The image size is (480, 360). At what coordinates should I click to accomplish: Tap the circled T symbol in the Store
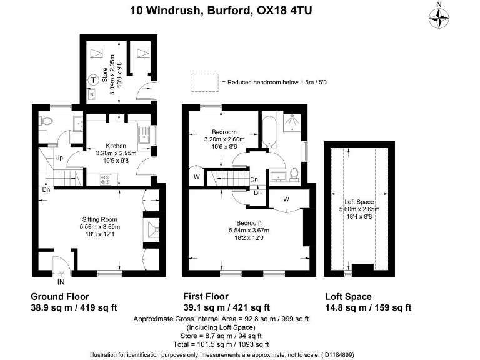92,79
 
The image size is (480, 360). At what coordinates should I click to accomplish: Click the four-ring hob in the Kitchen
106,179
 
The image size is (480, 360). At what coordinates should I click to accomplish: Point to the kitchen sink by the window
142,132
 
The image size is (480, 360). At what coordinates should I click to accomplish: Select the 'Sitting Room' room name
100,219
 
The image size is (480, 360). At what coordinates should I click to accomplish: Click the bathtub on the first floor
269,132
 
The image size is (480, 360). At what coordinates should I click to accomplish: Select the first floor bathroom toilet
294,172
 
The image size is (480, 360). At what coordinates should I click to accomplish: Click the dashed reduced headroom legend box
203,82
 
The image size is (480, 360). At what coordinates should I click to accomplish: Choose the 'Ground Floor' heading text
60,297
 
